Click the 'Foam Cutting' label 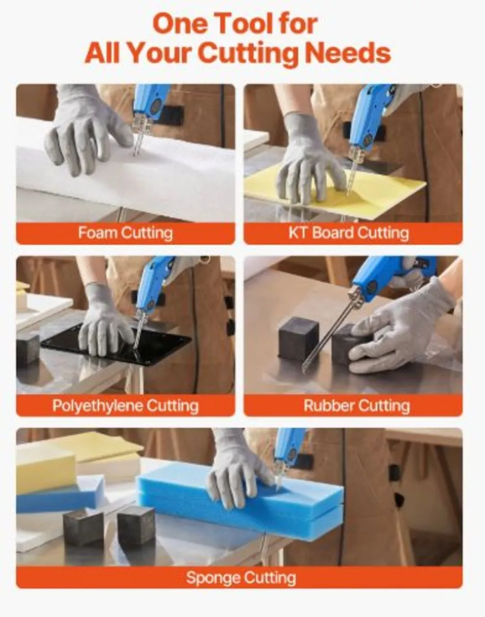(x=125, y=233)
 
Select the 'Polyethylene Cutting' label (x=125, y=406)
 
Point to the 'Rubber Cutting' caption (x=356, y=406)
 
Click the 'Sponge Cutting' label (x=241, y=577)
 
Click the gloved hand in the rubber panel (x=406, y=329)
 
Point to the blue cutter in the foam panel (x=149, y=103)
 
